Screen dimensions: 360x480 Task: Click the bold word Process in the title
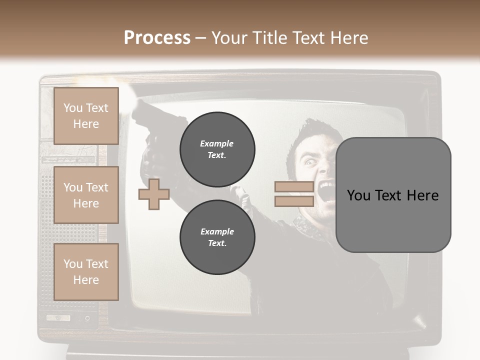coord(157,38)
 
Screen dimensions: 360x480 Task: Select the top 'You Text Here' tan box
coord(86,116)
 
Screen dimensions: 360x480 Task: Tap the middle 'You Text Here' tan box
coord(86,195)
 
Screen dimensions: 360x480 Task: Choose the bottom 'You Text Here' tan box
coord(86,272)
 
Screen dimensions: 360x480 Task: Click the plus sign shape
coord(153,194)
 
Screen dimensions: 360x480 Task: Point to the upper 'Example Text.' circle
coord(217,149)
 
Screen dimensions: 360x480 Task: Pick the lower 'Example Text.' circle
coord(217,237)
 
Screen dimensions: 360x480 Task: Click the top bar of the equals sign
coord(294,186)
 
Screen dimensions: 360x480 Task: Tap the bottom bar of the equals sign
coord(294,201)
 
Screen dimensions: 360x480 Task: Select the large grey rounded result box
coord(393,195)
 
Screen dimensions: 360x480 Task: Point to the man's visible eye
coord(307,161)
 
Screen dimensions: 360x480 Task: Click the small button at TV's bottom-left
coord(58,317)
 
